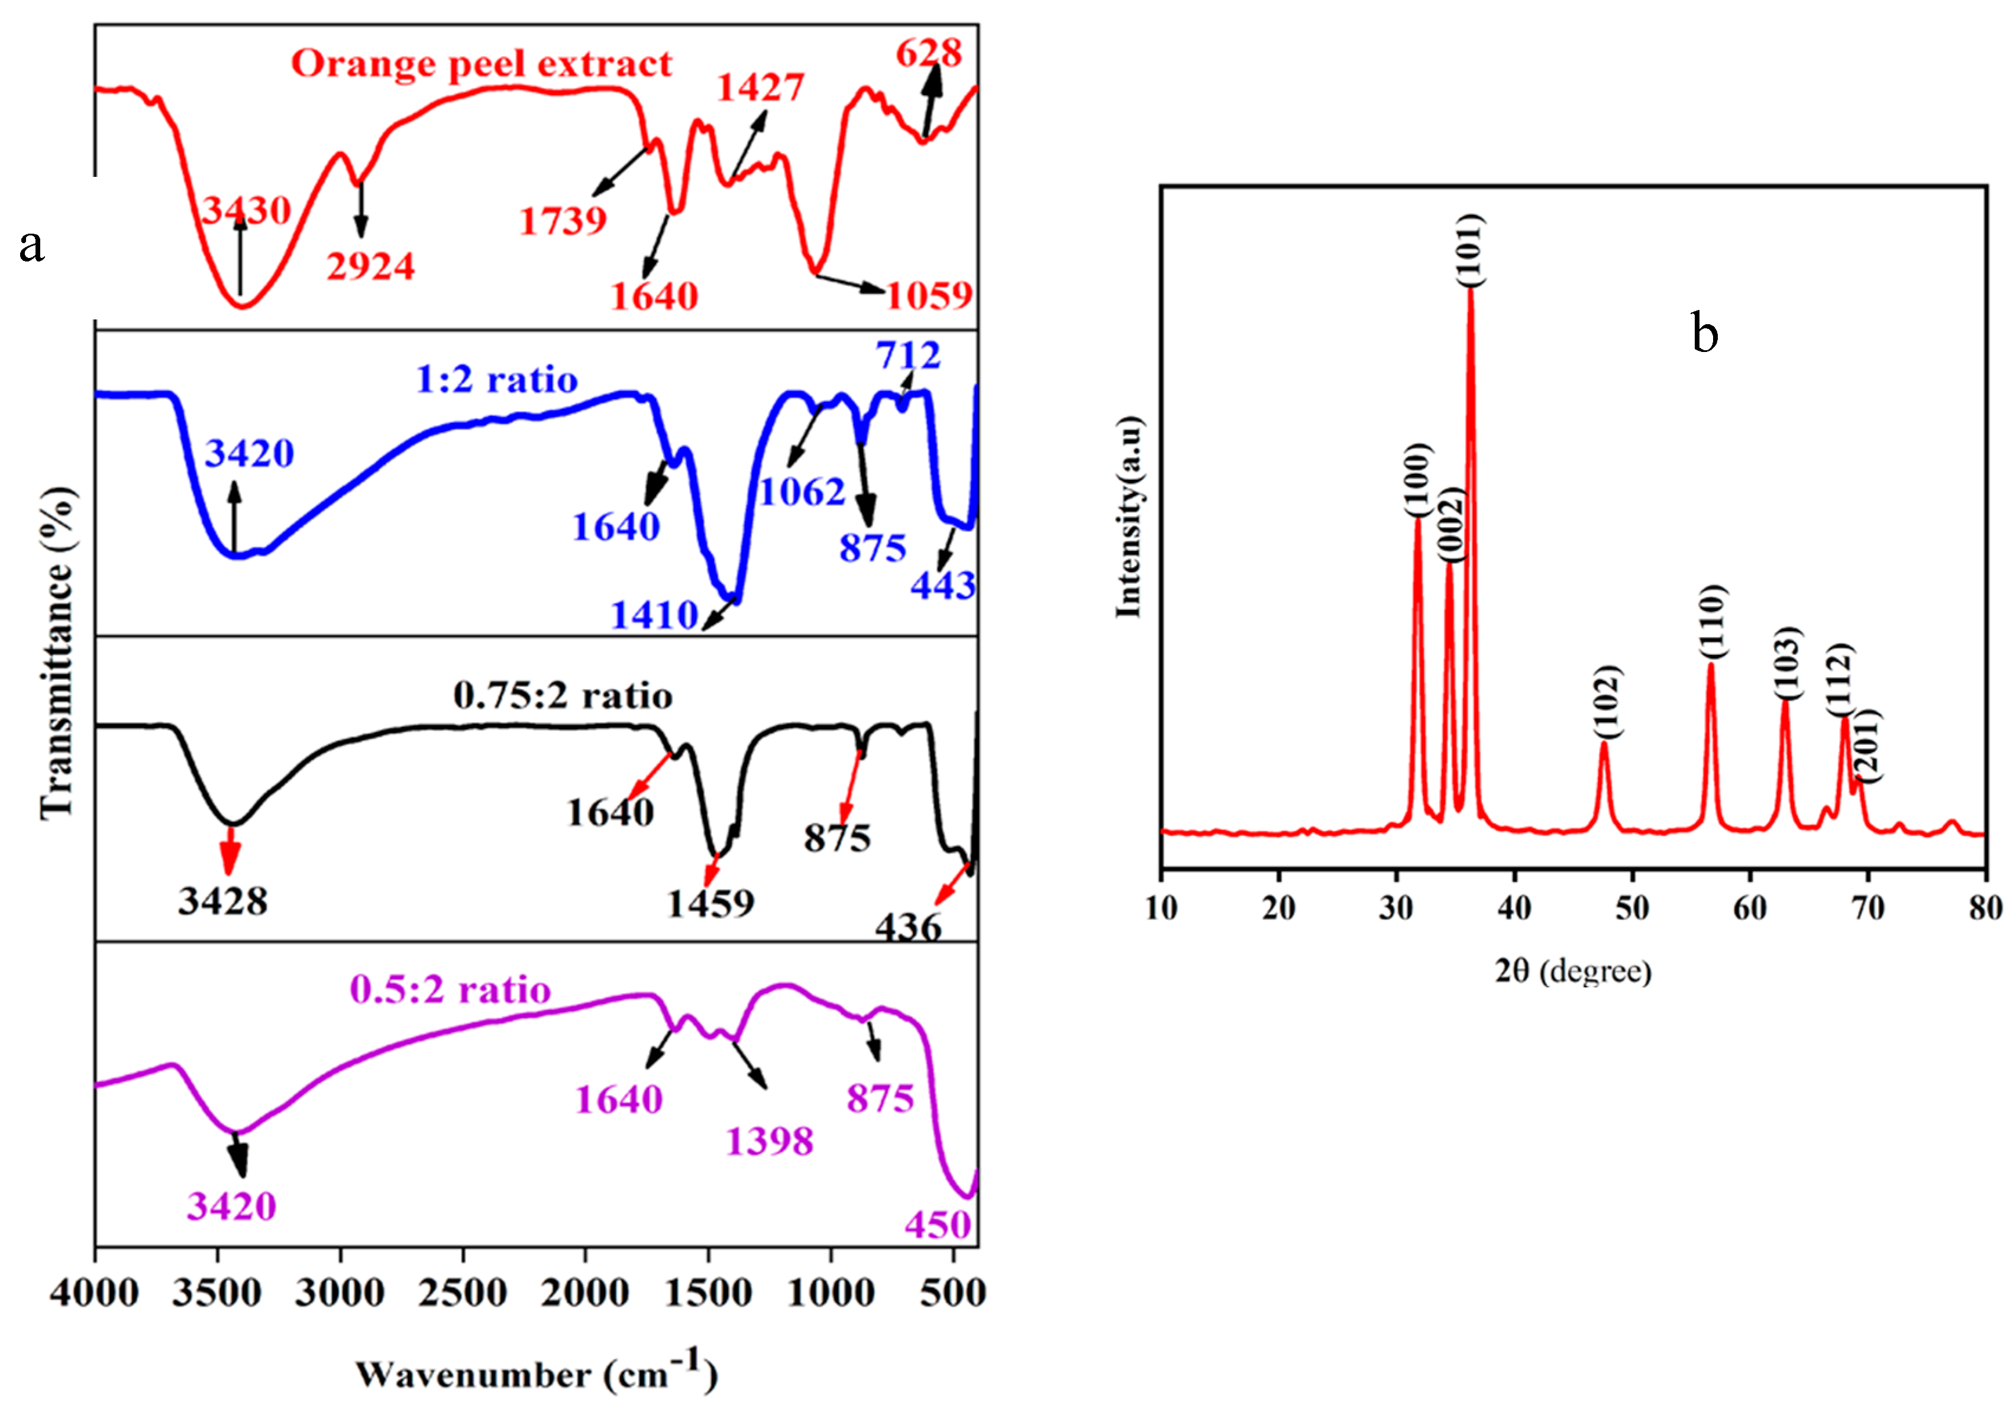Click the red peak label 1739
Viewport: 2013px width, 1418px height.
563,221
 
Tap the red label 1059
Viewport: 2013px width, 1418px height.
929,296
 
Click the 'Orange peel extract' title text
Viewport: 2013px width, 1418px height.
482,64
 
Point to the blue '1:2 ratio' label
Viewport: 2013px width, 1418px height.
496,380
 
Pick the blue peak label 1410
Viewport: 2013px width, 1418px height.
654,616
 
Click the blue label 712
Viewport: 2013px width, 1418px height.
907,355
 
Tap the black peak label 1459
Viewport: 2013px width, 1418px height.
710,904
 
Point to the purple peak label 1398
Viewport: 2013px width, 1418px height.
770,1142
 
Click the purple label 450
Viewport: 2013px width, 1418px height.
938,1226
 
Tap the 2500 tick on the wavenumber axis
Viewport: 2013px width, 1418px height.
462,1294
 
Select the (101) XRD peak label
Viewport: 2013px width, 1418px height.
1471,250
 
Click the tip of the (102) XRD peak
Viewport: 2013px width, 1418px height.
1604,743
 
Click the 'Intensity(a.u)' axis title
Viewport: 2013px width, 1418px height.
1129,518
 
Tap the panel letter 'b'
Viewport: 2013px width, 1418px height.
1704,334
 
